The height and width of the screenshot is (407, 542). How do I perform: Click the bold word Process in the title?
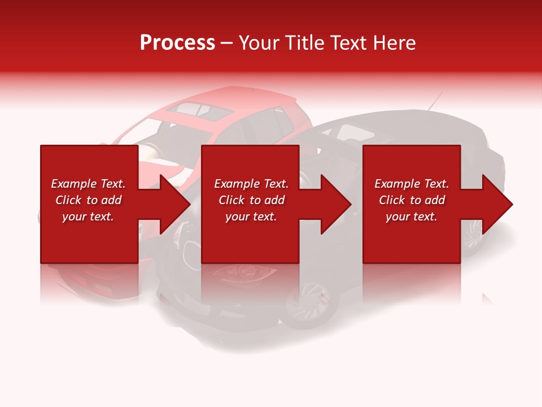(x=177, y=43)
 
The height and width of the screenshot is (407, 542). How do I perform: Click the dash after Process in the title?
(x=227, y=44)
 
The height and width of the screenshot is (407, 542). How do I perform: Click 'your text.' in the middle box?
(x=251, y=217)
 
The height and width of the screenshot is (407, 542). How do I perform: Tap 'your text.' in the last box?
(x=411, y=217)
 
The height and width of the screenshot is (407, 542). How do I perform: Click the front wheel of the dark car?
(x=305, y=305)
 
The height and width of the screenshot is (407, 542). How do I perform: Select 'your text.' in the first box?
(x=88, y=217)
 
